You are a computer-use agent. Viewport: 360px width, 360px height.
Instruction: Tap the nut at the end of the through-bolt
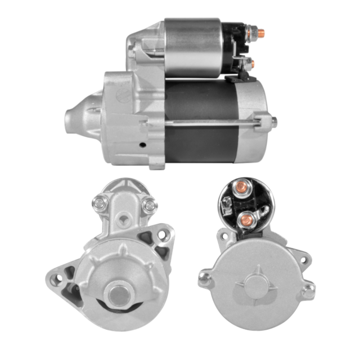[274, 119]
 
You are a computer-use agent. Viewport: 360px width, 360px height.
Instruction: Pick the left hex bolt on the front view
[101, 201]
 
